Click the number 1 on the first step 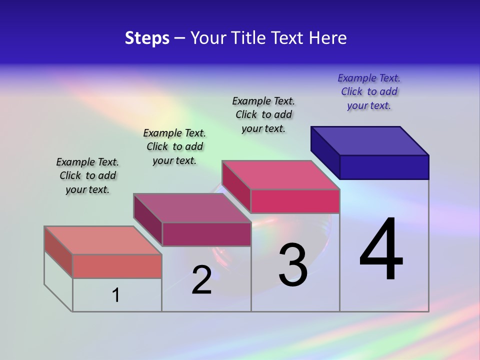click(x=116, y=295)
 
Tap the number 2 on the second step click(x=201, y=280)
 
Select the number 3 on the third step click(x=293, y=264)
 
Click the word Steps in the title click(x=147, y=38)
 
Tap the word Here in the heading click(x=327, y=38)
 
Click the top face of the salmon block click(x=102, y=240)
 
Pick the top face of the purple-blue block click(x=370, y=140)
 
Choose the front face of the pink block click(x=295, y=201)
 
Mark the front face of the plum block click(x=206, y=234)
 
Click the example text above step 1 click(x=87, y=175)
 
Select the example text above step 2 click(x=174, y=146)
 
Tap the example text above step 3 click(x=263, y=114)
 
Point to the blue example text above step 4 click(x=369, y=91)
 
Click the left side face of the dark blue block click(x=325, y=152)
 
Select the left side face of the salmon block click(x=58, y=252)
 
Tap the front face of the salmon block click(x=117, y=266)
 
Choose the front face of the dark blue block click(x=384, y=167)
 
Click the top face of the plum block click(x=192, y=207)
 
